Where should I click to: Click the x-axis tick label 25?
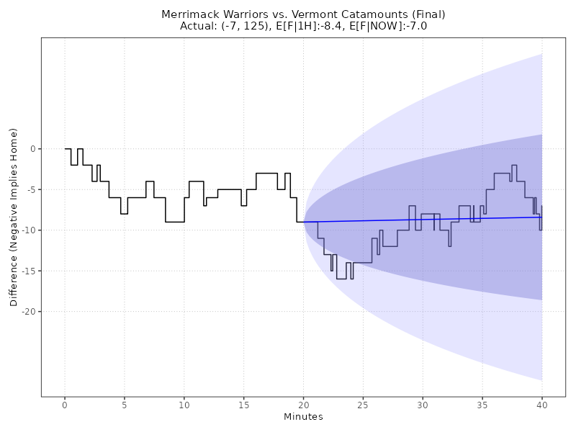click(363, 405)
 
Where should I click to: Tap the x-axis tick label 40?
click(542, 405)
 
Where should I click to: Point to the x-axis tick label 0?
click(65, 405)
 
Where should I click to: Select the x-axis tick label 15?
click(243, 405)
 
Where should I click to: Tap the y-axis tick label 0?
click(32, 149)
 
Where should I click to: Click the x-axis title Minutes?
click(303, 417)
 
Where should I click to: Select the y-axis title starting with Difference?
click(14, 217)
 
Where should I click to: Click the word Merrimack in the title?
click(189, 14)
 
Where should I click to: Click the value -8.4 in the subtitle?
click(326, 26)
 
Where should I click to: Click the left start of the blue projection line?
click(305, 222)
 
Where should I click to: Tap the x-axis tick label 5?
click(125, 405)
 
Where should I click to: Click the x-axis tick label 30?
click(423, 405)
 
